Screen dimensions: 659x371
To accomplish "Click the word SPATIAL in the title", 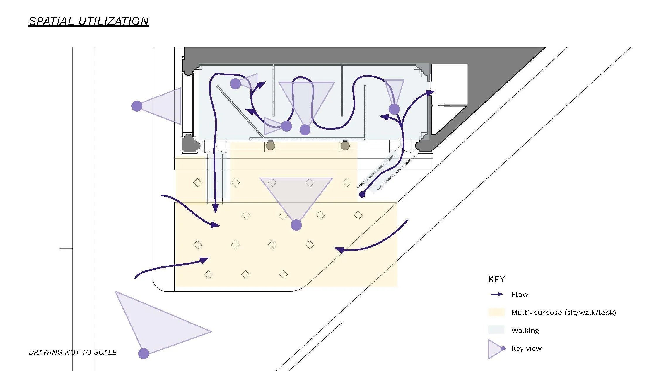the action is (52, 21).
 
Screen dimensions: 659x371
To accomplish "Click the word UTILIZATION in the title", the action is (114, 21).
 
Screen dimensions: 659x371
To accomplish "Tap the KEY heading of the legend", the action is (496, 279).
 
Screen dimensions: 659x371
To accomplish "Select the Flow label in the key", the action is (520, 294).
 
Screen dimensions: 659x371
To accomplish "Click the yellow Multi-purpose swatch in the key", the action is (496, 312).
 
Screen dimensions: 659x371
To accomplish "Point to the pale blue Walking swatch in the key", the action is (496, 330).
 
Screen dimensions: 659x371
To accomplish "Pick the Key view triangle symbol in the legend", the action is (495, 349).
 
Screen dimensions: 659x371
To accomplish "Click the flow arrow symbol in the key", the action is (497, 294).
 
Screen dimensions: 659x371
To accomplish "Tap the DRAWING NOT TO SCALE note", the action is (73, 352).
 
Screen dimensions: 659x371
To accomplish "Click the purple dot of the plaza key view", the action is (296, 225).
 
